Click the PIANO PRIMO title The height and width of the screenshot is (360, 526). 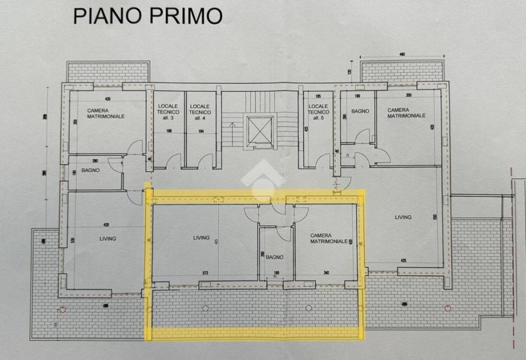pos(148,15)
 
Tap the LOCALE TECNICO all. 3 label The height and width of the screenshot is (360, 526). pos(168,112)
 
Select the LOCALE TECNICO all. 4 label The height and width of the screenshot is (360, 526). pos(200,112)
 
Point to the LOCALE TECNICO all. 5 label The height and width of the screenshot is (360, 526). pos(318,112)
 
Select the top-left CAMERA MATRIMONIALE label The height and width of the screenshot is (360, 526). pos(106,113)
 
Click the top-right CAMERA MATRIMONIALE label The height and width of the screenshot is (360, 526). pos(406,113)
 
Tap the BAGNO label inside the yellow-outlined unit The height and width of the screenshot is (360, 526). pos(275,257)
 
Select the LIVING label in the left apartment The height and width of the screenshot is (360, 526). pos(108,239)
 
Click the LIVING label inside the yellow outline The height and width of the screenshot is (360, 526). pos(201,238)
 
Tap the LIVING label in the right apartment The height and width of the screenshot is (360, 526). pos(403,217)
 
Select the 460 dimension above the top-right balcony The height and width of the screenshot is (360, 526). pos(402,54)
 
